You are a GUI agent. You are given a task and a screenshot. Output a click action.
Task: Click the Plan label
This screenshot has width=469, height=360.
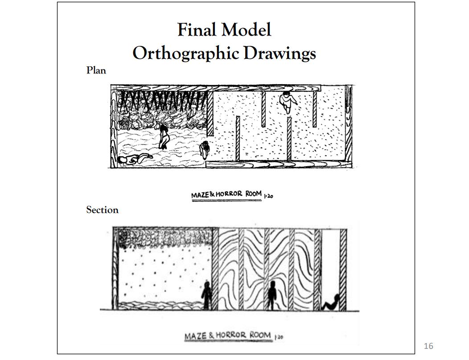click(96, 70)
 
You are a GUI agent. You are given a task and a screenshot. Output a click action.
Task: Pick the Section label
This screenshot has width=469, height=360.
click(102, 210)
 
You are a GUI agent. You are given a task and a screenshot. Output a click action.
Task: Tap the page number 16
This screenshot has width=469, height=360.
click(428, 346)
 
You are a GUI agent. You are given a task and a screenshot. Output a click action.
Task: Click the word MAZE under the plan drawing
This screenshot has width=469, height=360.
click(200, 195)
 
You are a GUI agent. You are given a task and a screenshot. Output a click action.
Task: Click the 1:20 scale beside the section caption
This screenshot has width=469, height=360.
click(279, 336)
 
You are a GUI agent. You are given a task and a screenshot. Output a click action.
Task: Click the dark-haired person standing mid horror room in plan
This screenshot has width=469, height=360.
click(164, 136)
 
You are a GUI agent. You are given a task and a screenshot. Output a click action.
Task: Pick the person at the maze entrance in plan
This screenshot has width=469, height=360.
click(205, 150)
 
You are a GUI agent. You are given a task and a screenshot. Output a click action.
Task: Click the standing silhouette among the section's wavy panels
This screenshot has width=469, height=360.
click(272, 296)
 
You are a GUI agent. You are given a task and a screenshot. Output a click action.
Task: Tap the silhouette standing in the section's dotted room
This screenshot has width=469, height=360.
click(206, 295)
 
